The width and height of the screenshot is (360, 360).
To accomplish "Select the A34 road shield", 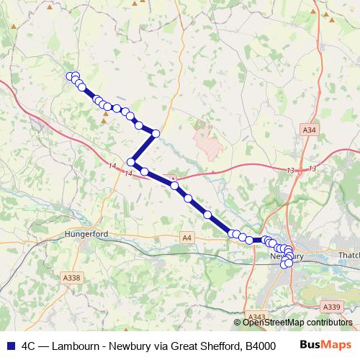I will (x=308, y=130).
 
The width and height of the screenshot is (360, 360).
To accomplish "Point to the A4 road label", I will (x=187, y=237).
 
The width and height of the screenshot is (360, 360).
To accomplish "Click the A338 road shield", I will (x=71, y=277).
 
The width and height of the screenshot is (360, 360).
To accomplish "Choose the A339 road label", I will (x=332, y=307).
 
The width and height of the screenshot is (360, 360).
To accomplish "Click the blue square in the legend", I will (x=9, y=344).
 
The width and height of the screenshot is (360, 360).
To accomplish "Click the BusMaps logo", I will (x=326, y=344).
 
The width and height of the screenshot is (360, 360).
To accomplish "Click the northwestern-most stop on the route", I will (x=71, y=76).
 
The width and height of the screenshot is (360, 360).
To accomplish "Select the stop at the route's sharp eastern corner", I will (x=155, y=132).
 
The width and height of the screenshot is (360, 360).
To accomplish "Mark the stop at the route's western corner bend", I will (x=131, y=162).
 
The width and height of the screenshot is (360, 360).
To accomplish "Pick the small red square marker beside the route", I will (x=173, y=177).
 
